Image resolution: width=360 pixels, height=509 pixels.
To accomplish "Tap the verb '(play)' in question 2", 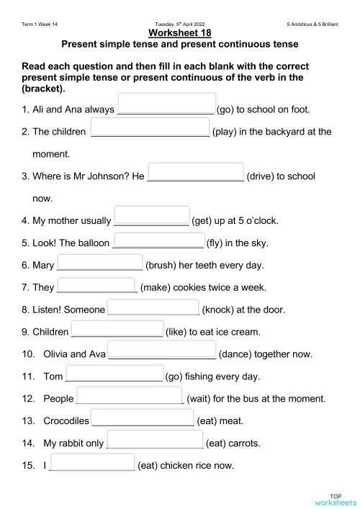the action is click(228, 132).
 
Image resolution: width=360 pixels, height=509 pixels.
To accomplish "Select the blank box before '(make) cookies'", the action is click(96, 286).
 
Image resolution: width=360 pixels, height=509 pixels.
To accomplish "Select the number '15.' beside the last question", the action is click(28, 465).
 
